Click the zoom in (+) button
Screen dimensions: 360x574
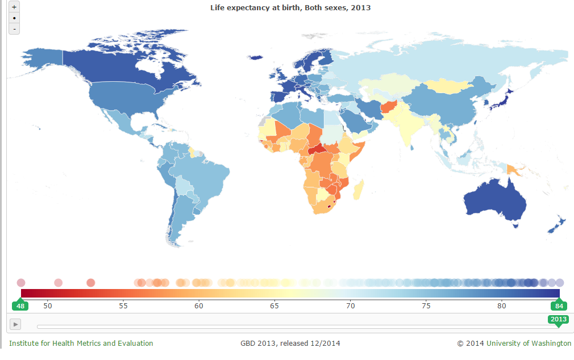14,7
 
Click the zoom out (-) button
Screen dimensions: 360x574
14,29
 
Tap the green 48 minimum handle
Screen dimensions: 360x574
20,305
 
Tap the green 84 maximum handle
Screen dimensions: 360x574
559,305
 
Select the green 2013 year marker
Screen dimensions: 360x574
558,319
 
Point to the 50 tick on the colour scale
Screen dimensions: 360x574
48,306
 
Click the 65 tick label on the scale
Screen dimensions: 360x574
274,306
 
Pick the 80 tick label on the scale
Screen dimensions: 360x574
501,306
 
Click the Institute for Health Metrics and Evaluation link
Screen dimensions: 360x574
81,343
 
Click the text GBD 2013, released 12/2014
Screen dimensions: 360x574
290,343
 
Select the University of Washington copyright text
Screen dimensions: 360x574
514,343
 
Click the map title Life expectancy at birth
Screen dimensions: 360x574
290,7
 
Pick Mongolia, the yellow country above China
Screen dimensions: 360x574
448,85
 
